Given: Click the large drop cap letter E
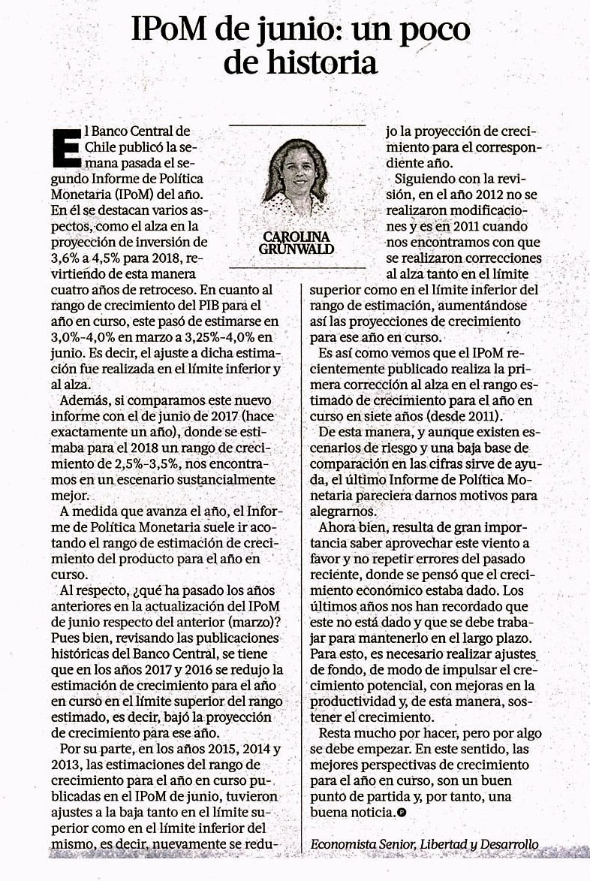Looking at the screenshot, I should coord(67,146).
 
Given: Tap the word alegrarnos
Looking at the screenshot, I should coord(349,511).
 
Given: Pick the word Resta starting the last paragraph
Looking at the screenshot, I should coord(338,733).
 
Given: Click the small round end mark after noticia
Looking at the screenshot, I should coord(402,813).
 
